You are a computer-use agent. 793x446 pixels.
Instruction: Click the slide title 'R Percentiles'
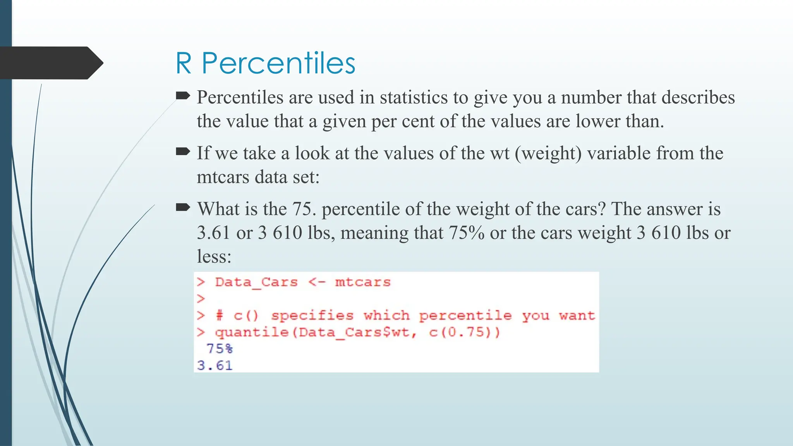[x=265, y=63]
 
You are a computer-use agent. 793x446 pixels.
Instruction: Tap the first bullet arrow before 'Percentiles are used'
[x=183, y=95]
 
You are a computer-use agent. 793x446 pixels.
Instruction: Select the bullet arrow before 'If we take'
[x=183, y=151]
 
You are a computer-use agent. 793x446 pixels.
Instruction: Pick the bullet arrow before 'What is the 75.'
[x=183, y=208]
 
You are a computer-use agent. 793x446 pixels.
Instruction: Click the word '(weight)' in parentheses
[x=548, y=153]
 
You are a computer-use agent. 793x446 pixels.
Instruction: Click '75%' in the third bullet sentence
[x=466, y=233]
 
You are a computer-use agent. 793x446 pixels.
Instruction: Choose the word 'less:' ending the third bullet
[x=214, y=257]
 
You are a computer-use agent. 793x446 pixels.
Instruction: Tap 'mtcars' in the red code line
[x=363, y=282]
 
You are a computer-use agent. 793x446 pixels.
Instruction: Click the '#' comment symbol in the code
[x=220, y=316]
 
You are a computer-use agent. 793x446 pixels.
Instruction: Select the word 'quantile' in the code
[x=252, y=332]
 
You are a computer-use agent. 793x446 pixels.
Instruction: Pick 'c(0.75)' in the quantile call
[x=464, y=332]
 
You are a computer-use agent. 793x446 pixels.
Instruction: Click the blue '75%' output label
[x=220, y=349]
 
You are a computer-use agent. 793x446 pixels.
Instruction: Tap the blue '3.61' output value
[x=215, y=365]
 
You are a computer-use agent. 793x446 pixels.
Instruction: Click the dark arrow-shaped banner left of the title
[x=48, y=63]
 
